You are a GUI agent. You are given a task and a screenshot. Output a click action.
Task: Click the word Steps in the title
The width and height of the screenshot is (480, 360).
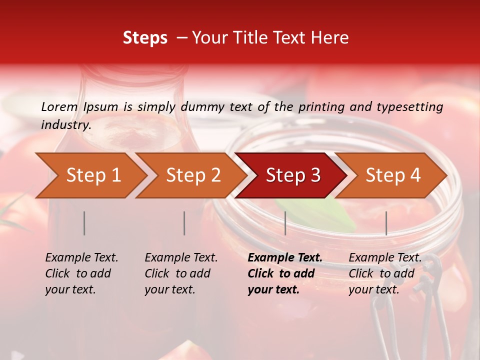coord(145,38)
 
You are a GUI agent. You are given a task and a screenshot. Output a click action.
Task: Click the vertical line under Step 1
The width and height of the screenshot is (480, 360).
coord(84,223)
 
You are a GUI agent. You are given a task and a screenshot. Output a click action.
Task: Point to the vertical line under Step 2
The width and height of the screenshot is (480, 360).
coord(184,223)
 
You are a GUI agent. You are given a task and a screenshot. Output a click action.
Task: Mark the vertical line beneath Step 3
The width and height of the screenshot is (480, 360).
coord(285,223)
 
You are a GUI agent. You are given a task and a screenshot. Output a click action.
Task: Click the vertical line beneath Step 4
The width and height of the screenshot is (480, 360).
coord(386,223)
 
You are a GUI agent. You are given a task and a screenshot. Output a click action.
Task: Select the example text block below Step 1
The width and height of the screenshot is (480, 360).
coord(81,273)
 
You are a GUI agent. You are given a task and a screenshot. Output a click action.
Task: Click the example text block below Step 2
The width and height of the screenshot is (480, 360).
coord(181,273)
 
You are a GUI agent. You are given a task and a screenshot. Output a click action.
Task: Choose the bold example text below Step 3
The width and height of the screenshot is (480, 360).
coord(285,273)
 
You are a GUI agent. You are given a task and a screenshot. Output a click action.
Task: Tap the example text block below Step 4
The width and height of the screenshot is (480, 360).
coord(385,273)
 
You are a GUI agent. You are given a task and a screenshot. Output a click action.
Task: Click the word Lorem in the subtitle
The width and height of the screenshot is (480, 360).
coord(59,107)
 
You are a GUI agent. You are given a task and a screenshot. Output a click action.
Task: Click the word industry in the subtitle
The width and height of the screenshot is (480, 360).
coord(65,125)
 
